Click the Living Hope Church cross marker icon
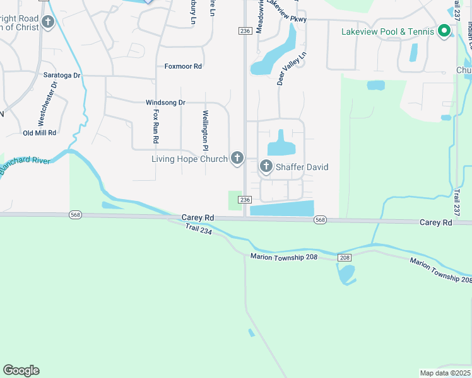tap(237, 158)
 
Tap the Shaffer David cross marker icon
tap(266, 166)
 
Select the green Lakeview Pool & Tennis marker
tap(444, 31)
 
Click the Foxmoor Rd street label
tap(183, 66)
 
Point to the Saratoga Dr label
tap(62, 75)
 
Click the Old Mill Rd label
tap(40, 133)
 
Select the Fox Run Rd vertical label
tap(155, 126)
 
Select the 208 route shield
tap(344, 258)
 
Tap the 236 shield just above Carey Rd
tap(245, 200)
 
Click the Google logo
tap(21, 370)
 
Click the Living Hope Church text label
tap(189, 159)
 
